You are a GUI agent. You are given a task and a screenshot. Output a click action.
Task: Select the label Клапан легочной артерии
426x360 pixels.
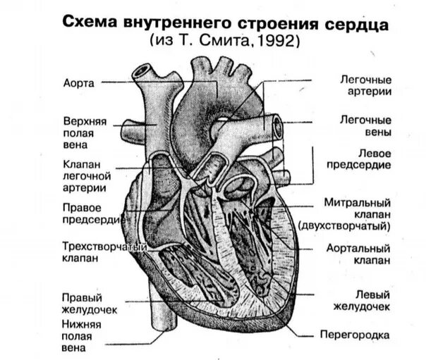pos(84,175)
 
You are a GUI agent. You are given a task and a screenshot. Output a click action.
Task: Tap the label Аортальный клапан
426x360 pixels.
pos(359,254)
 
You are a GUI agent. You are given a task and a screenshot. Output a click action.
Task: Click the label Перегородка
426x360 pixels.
pos(355,335)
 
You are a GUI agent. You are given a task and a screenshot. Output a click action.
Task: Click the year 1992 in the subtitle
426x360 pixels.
pos(281,42)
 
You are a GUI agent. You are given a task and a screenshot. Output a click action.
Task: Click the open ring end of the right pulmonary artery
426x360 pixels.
pos(277,127)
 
